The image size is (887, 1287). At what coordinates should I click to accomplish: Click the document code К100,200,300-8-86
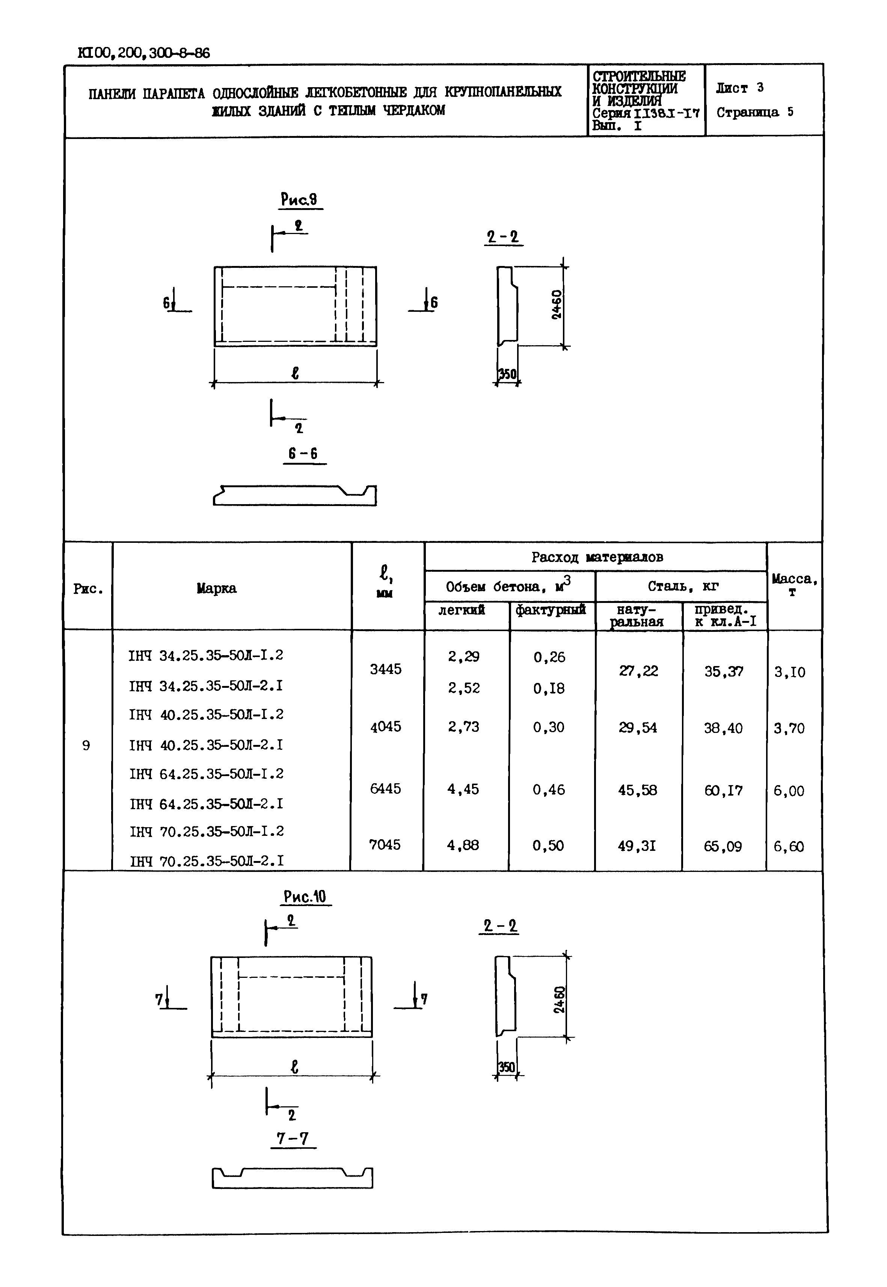click(x=144, y=53)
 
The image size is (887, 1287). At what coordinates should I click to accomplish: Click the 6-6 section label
click(x=303, y=454)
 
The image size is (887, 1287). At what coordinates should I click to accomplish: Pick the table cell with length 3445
click(x=386, y=669)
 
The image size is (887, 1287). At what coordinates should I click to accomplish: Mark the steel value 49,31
click(x=637, y=846)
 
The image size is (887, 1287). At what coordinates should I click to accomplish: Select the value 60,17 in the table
click(x=723, y=790)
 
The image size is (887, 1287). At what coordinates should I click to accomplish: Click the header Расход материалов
click(x=597, y=557)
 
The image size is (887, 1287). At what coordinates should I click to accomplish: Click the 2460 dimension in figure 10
click(x=560, y=999)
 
